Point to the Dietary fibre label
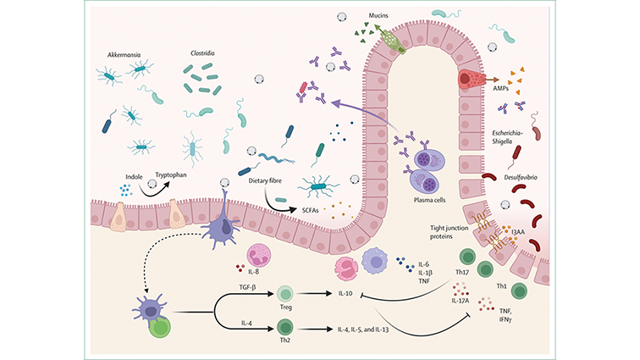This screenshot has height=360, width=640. [x=269, y=180]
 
